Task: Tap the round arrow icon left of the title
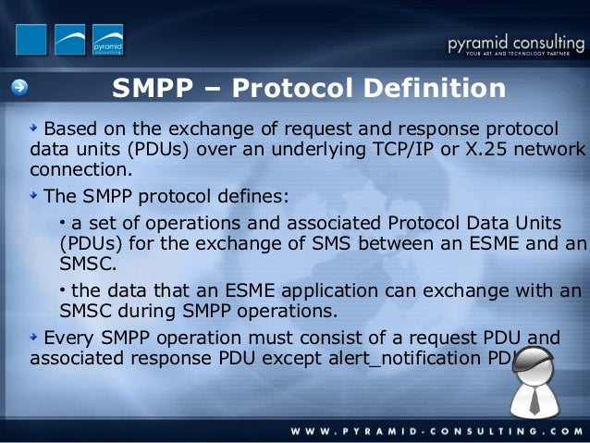tap(20, 89)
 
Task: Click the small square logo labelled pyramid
tap(107, 40)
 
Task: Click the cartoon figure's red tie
tap(535, 400)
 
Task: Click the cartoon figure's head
tap(535, 365)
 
